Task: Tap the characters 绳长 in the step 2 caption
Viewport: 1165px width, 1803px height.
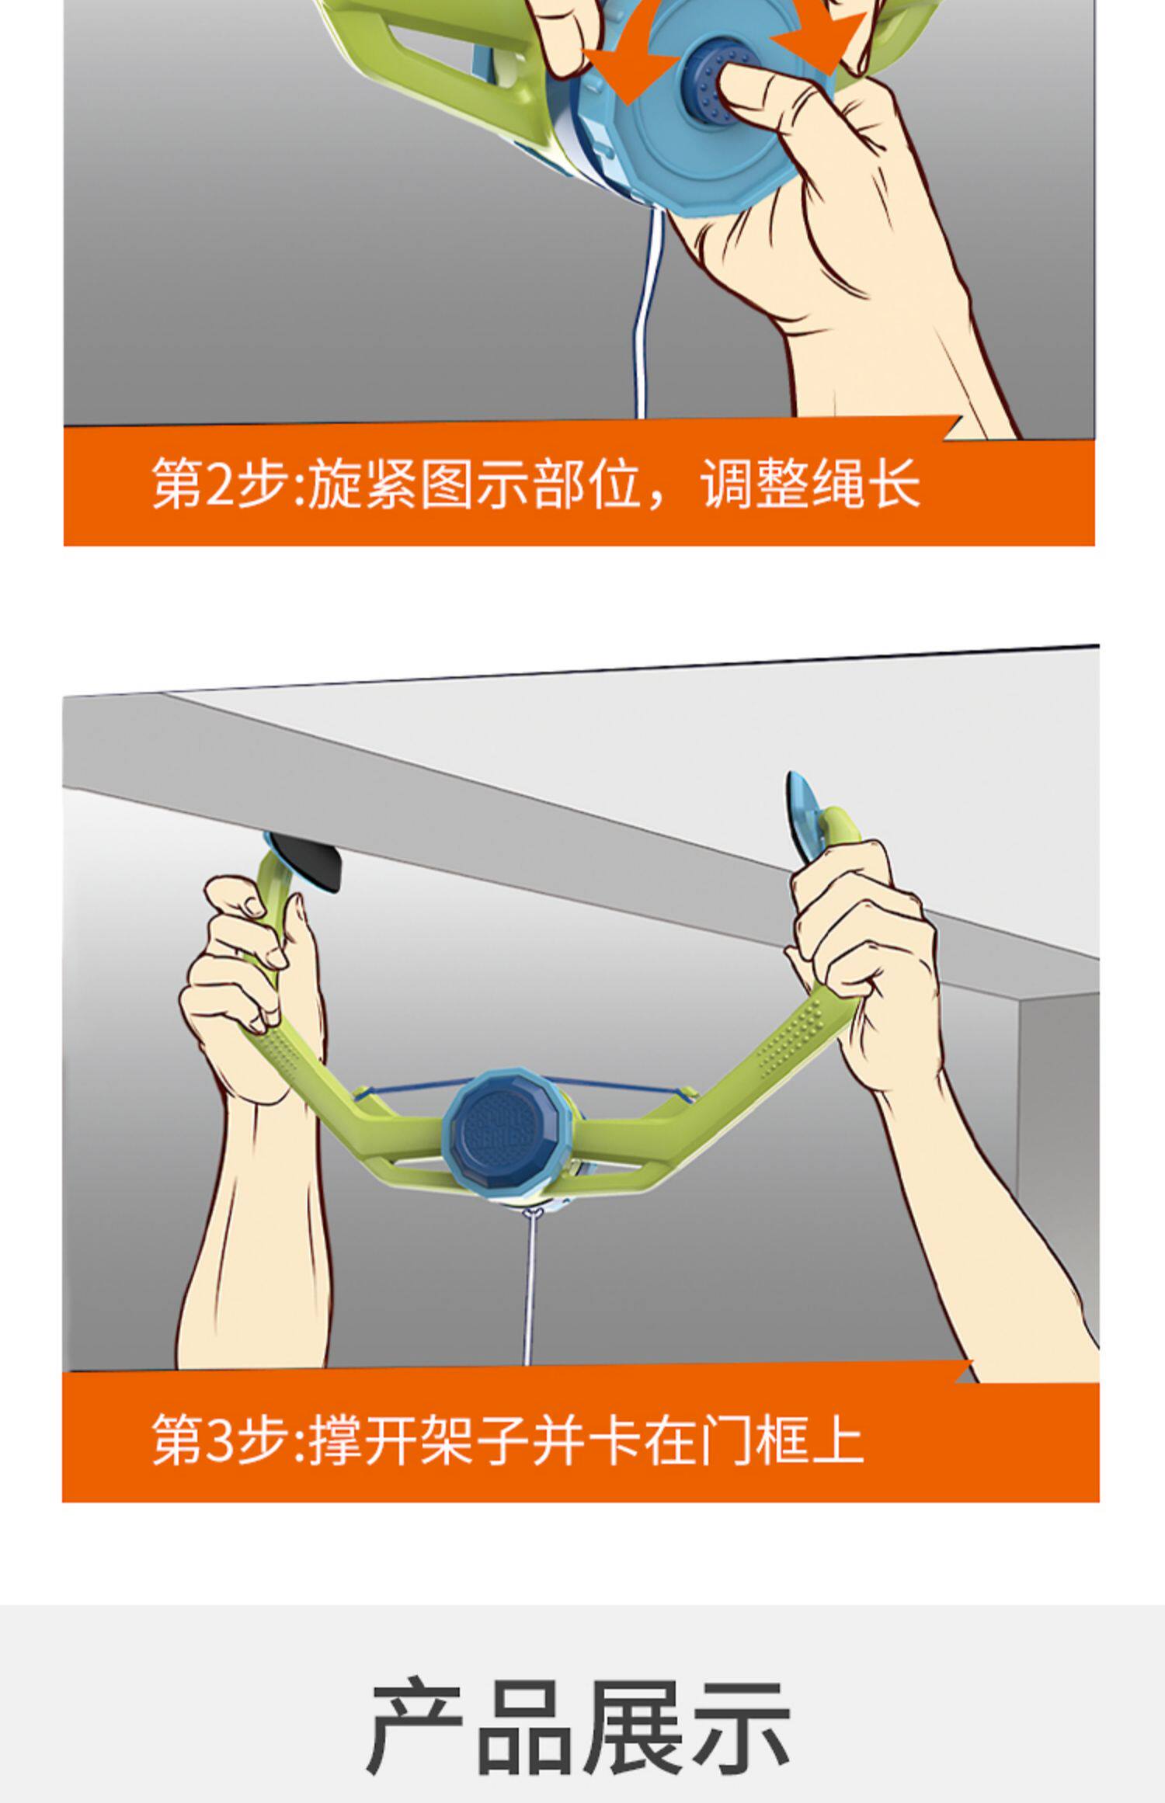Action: pyautogui.click(x=866, y=484)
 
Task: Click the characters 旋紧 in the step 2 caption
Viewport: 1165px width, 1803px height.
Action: pyautogui.click(x=362, y=484)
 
